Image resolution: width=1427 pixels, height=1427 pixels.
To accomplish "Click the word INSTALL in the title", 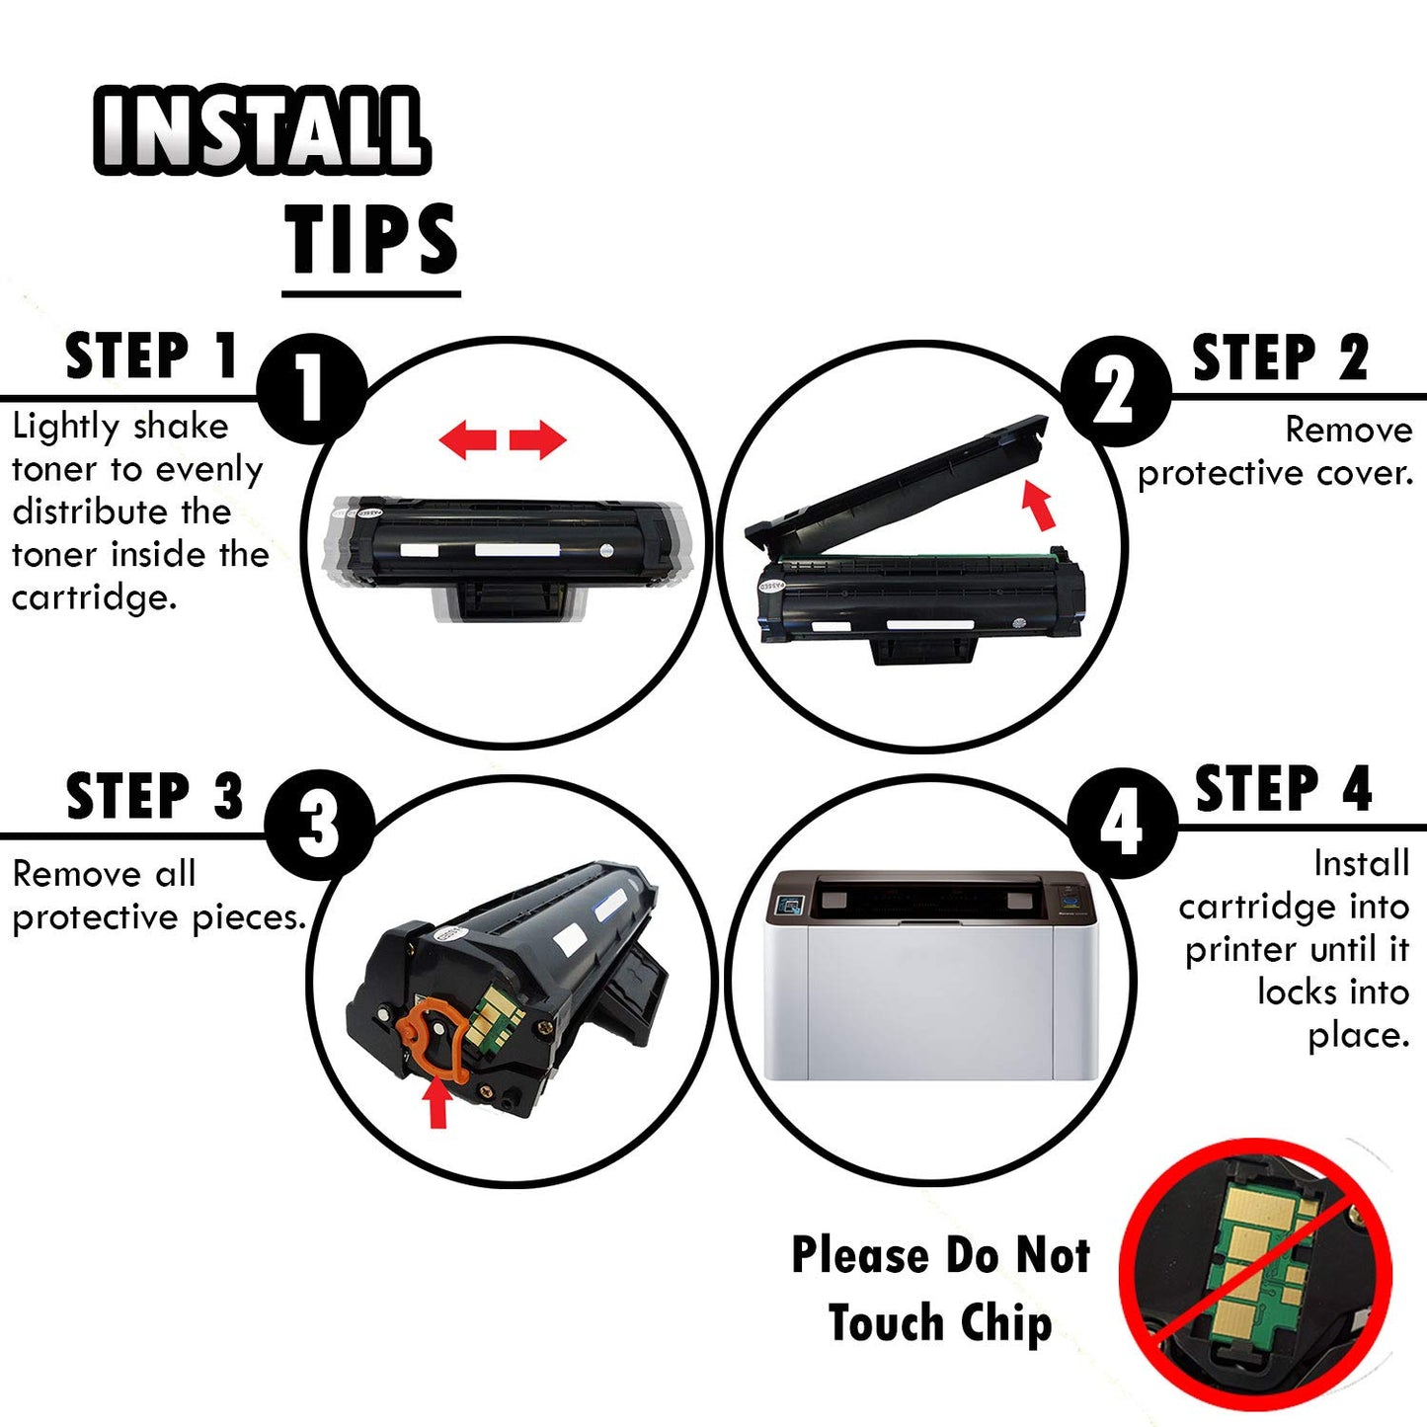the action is coord(261,130).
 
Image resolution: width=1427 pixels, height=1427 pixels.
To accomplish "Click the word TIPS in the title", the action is coord(371,238).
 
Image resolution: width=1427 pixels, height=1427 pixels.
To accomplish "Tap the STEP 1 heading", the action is coord(151,357).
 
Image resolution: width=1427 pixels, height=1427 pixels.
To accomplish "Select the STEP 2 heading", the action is coord(1280,357).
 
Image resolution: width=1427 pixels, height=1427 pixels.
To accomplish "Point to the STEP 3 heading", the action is coord(154,795).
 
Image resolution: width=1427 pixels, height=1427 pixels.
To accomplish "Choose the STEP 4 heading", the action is coord(1283,788).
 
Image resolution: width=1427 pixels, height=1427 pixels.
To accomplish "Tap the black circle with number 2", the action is coord(1116,390).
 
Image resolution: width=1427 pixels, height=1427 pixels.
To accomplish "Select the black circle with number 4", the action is coord(1122,823).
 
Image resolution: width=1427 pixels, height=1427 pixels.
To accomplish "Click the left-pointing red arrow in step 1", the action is coord(467,439).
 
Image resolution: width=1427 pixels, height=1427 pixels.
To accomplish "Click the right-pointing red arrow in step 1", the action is coord(537,439).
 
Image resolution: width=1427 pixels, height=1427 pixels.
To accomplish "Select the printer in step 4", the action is coord(930,975).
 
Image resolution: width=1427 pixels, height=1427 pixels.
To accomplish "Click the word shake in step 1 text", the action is coord(181,427).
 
